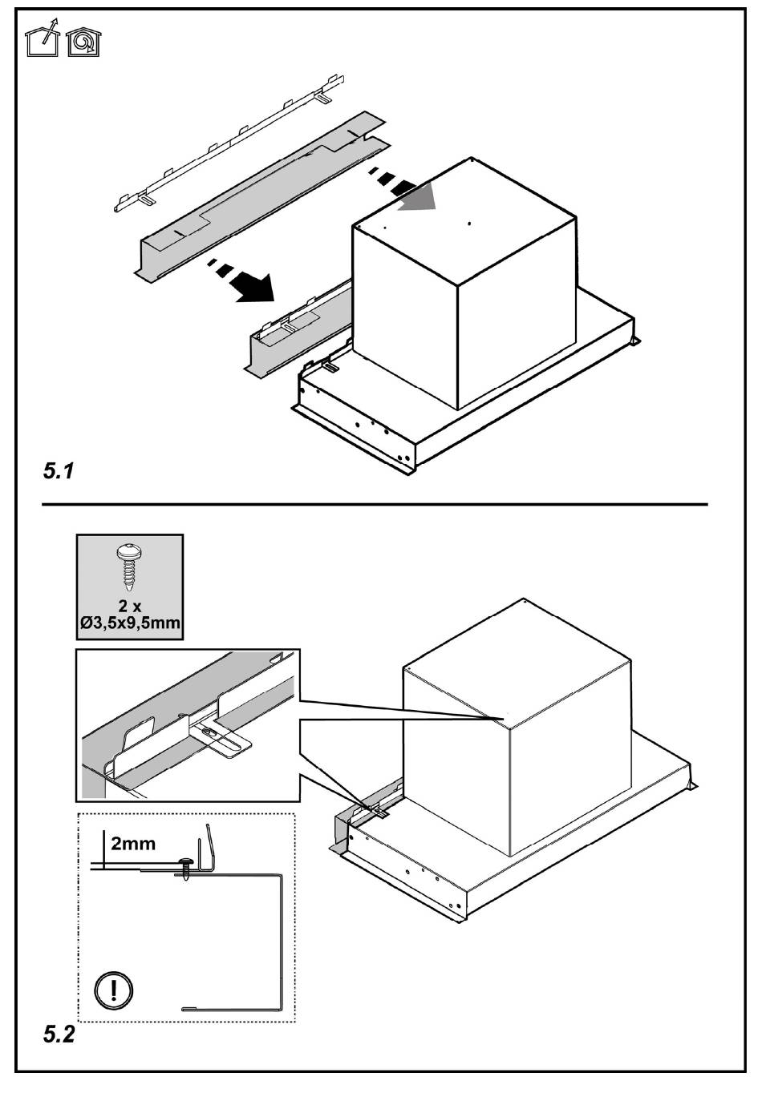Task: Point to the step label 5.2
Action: pyautogui.click(x=58, y=1034)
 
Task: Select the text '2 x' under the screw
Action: pyautogui.click(x=129, y=606)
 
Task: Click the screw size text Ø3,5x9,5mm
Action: pyautogui.click(x=129, y=623)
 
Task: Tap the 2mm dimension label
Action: pyautogui.click(x=133, y=843)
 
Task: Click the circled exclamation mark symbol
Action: pyautogui.click(x=113, y=988)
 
